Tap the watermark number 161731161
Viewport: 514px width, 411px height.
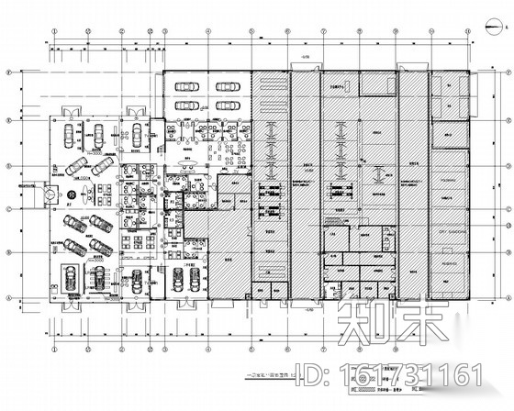click(x=412, y=374)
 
